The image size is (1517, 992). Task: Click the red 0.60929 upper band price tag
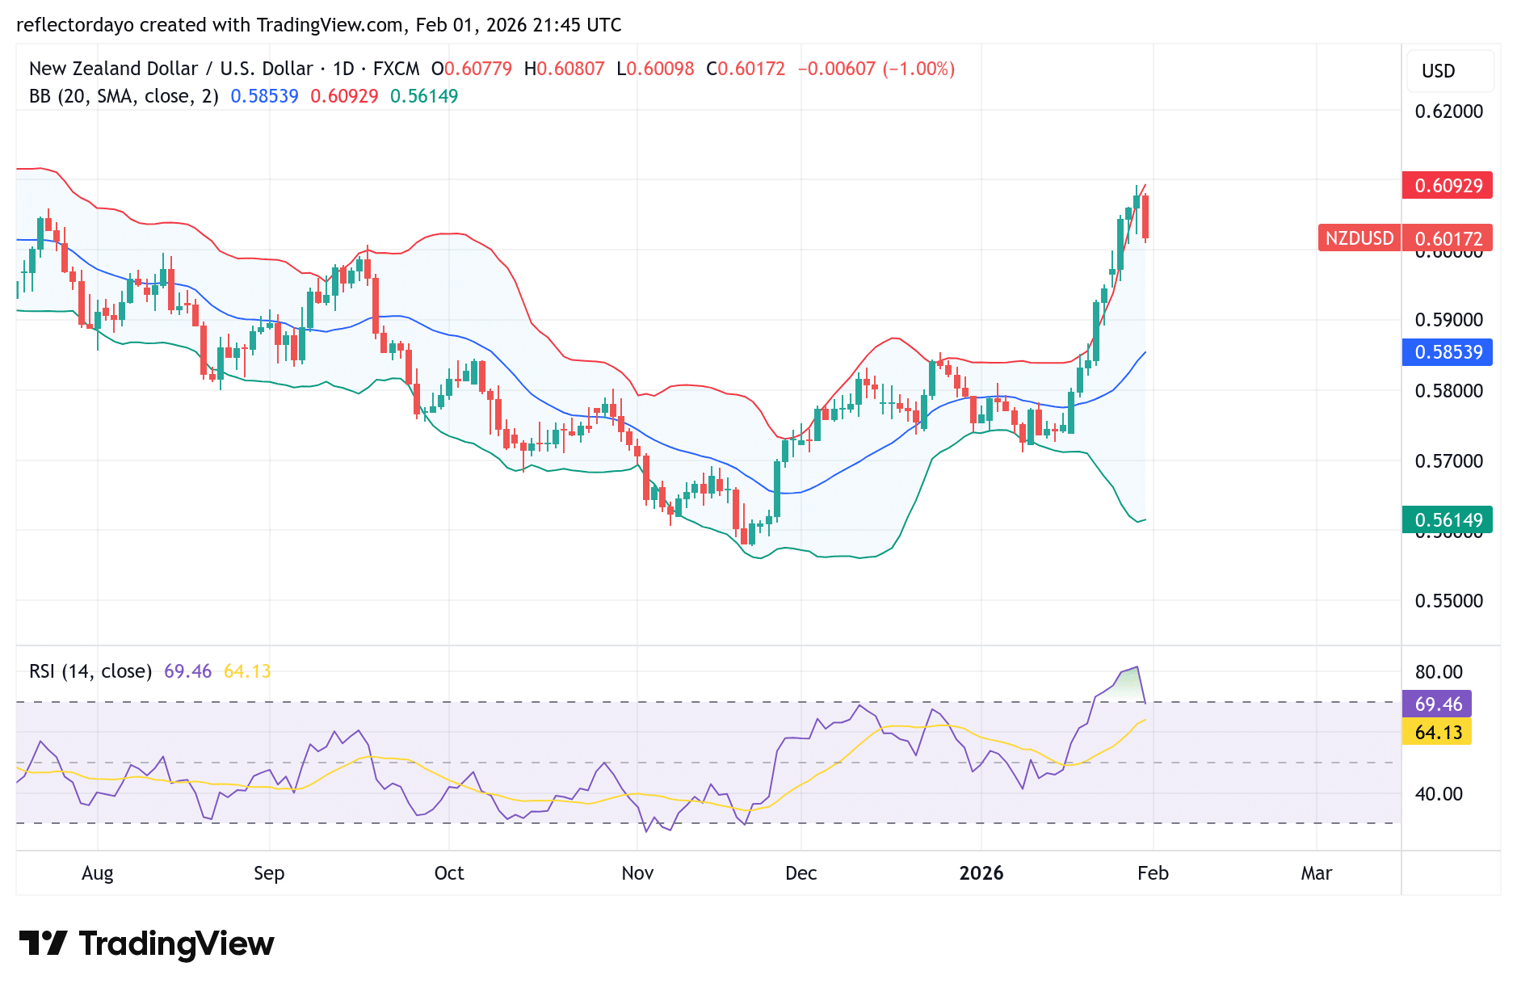pos(1447,186)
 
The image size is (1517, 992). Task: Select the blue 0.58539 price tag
pos(1447,352)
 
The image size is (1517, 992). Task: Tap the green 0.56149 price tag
pos(1447,519)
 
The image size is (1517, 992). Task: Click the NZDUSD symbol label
pos(1359,238)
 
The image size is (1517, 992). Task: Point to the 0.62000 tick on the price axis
pos(1448,111)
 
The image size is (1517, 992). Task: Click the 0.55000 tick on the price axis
pos(1448,601)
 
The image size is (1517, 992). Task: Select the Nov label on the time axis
pos(637,873)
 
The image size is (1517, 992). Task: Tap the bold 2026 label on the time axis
pos(981,873)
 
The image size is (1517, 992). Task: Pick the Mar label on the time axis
pos(1316,873)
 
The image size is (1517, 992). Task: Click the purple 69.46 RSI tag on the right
pos(1437,704)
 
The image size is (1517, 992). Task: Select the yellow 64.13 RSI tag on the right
pos(1437,733)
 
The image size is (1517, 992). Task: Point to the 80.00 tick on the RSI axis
pos(1438,672)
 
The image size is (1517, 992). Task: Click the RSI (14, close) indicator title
pos(90,671)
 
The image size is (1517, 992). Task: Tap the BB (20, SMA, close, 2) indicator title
pos(124,96)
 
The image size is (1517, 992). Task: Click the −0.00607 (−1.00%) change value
pos(876,69)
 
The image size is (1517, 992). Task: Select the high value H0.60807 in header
pos(564,69)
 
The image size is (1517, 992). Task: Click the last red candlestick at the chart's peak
pos(1145,216)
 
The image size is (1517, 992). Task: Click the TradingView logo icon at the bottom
pos(43,943)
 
